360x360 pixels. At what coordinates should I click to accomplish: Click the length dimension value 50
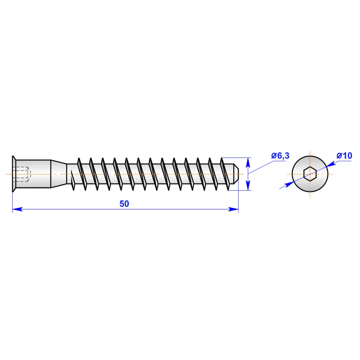pyautogui.click(x=124, y=204)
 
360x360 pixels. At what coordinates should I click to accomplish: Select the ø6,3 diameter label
pyautogui.click(x=280, y=156)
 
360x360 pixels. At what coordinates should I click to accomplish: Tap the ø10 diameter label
pyautogui.click(x=344, y=156)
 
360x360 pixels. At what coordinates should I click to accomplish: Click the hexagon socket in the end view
pyautogui.click(x=310, y=174)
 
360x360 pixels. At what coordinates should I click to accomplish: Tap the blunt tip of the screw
pyautogui.click(x=235, y=174)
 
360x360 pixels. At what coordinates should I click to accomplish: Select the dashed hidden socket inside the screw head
pyautogui.click(x=23, y=174)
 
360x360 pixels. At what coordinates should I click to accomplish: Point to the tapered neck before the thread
pyautogui.click(x=58, y=174)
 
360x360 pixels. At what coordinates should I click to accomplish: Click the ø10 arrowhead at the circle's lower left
pyautogui.click(x=288, y=184)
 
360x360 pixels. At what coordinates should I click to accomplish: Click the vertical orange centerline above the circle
pyautogui.click(x=310, y=153)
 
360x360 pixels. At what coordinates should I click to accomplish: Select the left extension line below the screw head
pyautogui.click(x=13, y=202)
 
